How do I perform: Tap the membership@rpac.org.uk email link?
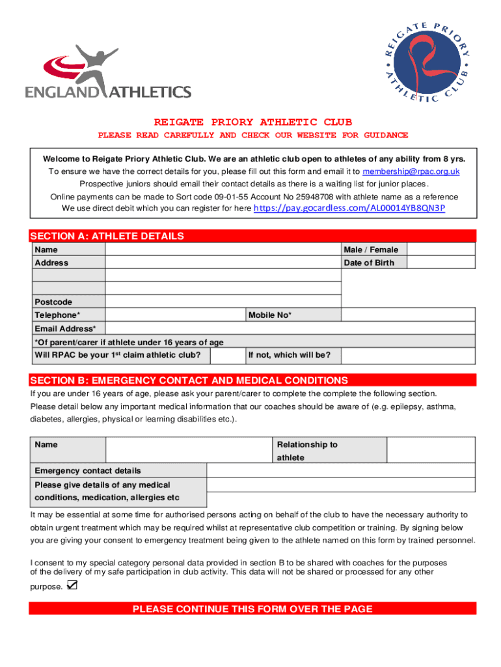click(411, 171)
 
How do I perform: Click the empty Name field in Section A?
click(223, 249)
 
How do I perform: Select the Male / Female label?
click(370, 249)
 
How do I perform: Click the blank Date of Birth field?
click(442, 263)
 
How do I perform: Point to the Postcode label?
click(53, 302)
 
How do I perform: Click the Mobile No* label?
click(269, 315)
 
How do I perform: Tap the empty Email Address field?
click(290, 328)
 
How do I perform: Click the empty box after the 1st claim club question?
click(228, 355)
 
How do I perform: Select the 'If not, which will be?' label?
click(289, 355)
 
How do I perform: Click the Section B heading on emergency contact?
click(189, 380)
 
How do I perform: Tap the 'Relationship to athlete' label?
click(307, 451)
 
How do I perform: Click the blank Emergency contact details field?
click(341, 470)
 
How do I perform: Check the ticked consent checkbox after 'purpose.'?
click(72, 586)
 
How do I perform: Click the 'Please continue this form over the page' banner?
click(252, 609)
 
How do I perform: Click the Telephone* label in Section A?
click(57, 315)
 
